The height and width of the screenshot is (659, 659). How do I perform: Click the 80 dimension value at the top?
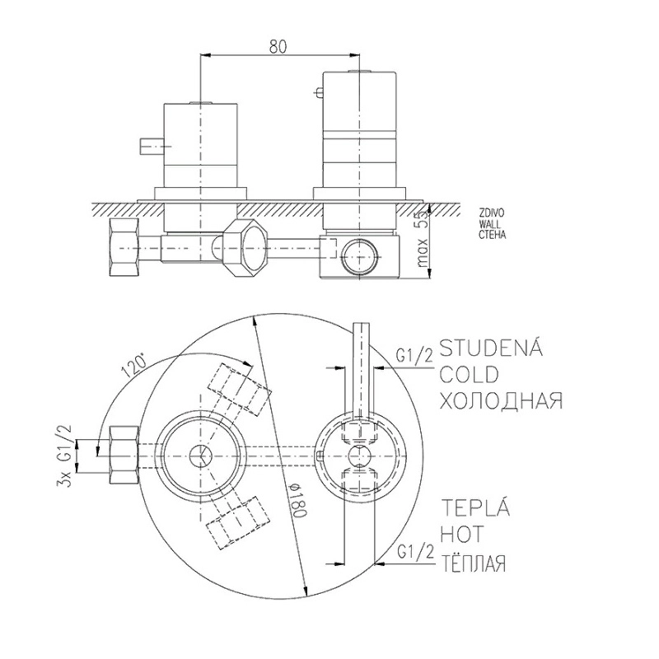[278, 47]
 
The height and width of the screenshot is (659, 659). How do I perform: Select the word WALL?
[489, 225]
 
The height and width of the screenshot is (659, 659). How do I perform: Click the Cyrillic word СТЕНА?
[493, 236]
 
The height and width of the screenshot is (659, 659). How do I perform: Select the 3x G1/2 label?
[67, 456]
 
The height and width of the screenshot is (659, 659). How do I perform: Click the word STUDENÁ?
[490, 348]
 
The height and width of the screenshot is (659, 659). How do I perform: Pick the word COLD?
[469, 375]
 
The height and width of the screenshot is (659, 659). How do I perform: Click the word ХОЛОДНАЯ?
[501, 400]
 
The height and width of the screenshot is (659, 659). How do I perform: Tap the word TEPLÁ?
[474, 507]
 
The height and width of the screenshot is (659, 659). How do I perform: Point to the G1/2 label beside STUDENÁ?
[414, 356]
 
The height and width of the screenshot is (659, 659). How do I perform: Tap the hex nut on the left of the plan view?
[124, 455]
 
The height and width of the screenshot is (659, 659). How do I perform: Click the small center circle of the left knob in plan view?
[201, 456]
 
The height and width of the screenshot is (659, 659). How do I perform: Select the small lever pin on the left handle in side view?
[148, 147]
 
